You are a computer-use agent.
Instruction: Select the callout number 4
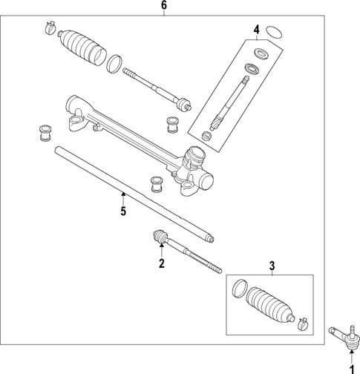click(x=255, y=30)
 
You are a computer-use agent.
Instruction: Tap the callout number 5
click(x=123, y=211)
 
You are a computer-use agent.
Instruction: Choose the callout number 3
click(x=272, y=266)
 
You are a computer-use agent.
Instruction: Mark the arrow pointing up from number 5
click(x=123, y=197)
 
